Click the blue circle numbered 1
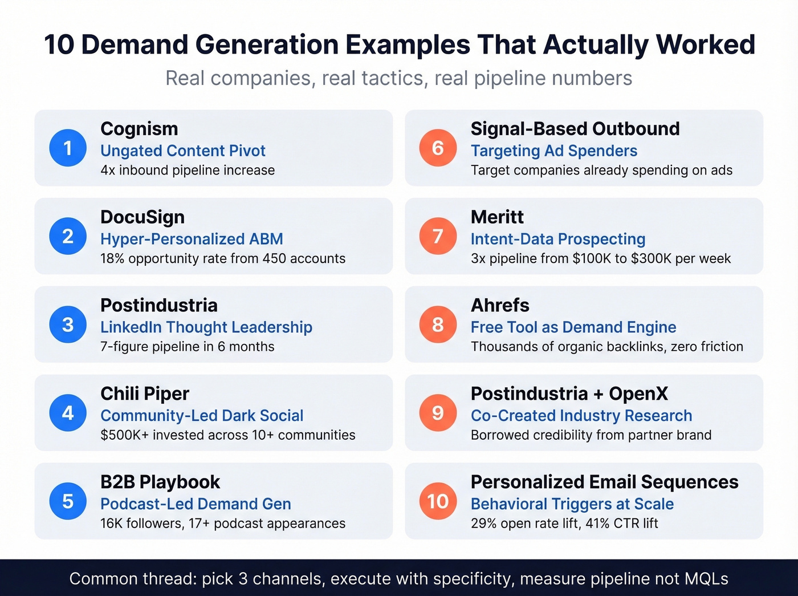pos(68,148)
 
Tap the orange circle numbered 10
pos(438,501)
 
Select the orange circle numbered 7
pos(438,236)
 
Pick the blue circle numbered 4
pos(68,412)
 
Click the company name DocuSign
pos(142,217)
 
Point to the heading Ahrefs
pos(500,306)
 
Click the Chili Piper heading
pos(145,394)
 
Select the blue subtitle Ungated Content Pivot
pos(183,151)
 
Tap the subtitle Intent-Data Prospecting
pos(558,239)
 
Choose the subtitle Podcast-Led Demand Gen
pos(196,504)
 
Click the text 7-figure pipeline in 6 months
pos(188,347)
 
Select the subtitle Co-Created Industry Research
pos(581,415)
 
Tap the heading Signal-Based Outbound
pos(575,129)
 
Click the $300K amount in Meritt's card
pos(650,259)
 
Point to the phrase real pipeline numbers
pos(533,78)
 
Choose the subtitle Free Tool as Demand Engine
pos(573,327)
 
